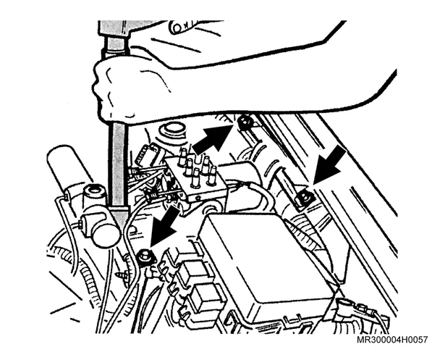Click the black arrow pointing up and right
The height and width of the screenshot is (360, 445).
[x=211, y=139]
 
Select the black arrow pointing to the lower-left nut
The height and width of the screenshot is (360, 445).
[x=166, y=226]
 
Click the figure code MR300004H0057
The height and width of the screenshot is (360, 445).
[x=391, y=340]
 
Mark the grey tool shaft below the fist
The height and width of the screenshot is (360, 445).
[x=118, y=165]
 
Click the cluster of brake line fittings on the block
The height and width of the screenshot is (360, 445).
[x=195, y=167]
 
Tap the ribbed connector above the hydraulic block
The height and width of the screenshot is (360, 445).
[x=148, y=154]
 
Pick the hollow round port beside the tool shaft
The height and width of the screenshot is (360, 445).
[x=95, y=192]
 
